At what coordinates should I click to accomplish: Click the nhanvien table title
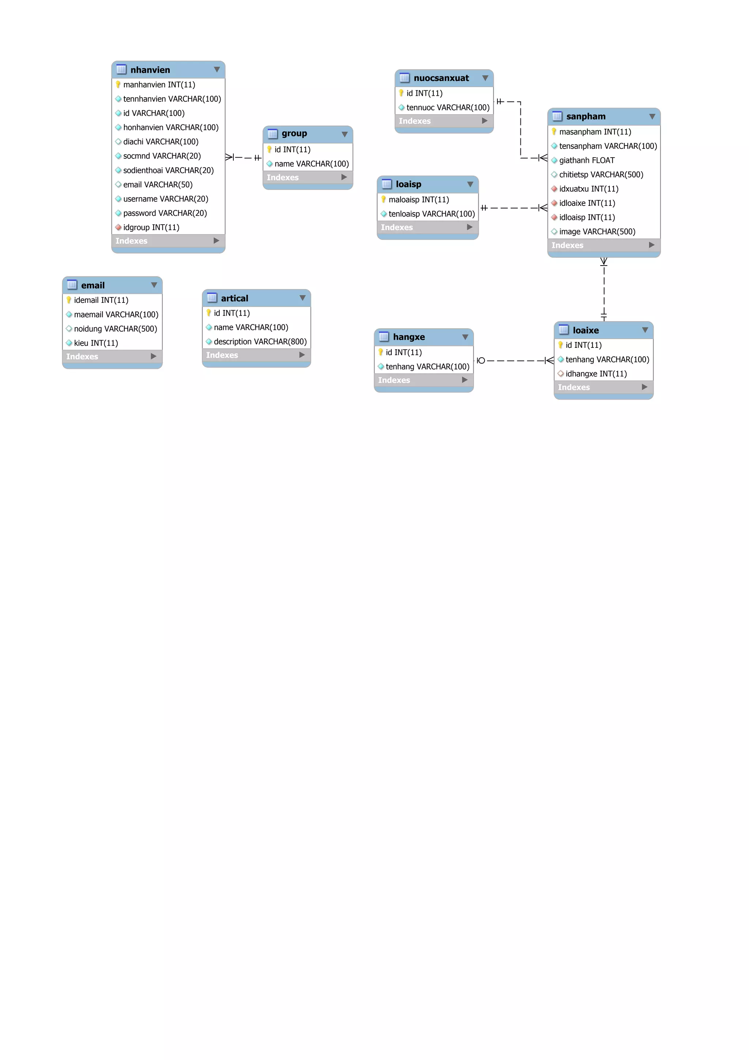point(150,70)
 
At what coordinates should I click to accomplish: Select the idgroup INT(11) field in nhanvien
point(151,227)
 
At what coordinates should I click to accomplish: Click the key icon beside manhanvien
point(118,84)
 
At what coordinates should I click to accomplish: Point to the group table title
point(294,134)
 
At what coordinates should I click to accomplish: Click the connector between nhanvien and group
point(244,157)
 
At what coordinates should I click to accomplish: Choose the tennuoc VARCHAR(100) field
point(448,108)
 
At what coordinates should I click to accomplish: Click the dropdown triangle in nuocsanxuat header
point(485,78)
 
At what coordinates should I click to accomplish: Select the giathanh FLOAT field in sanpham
point(587,160)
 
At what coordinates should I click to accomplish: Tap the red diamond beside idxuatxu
point(554,189)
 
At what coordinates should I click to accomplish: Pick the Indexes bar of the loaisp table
point(427,227)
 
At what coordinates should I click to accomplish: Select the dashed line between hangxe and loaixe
point(515,361)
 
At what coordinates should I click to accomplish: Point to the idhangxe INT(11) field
point(596,374)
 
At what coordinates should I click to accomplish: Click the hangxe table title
point(409,337)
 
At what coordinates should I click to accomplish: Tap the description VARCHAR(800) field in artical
point(260,342)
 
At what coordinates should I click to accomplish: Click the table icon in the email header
point(72,285)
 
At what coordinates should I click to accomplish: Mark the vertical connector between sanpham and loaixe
point(604,289)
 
